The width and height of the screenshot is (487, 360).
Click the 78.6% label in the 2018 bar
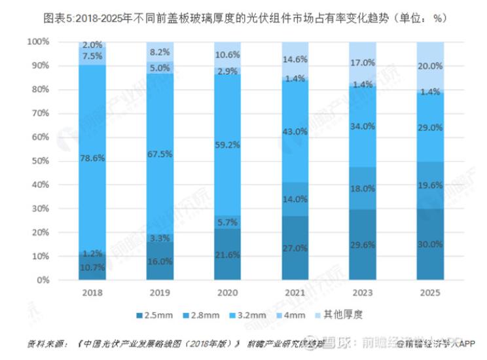(x=92, y=158)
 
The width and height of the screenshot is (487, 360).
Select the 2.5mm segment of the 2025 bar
(x=430, y=244)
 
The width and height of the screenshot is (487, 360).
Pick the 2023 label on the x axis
(x=363, y=294)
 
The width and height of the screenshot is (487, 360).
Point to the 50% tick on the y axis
(x=40, y=161)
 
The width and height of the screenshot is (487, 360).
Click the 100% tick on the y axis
(x=38, y=42)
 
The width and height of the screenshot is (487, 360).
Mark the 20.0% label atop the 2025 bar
(x=430, y=66)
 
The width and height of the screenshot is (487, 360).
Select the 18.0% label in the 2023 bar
(x=363, y=189)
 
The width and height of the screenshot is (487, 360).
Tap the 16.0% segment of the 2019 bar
(x=160, y=261)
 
